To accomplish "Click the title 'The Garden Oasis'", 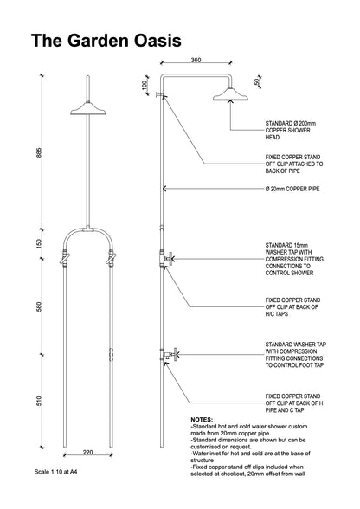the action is pyautogui.click(x=106, y=41).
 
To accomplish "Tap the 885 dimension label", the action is pyautogui.click(x=39, y=152).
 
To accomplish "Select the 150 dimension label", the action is pyautogui.click(x=39, y=244).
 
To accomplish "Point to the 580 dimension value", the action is pyautogui.click(x=39, y=306).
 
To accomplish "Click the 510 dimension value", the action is pyautogui.click(x=39, y=402).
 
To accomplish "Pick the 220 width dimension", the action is pyautogui.click(x=88, y=452).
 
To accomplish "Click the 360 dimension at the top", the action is pyautogui.click(x=196, y=60).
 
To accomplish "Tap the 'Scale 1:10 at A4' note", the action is pyautogui.click(x=56, y=472).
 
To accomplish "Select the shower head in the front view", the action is pyautogui.click(x=88, y=108).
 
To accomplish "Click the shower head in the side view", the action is pyautogui.click(x=230, y=94).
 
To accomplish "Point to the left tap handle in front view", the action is pyautogui.click(x=65, y=258).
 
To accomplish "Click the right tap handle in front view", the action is pyautogui.click(x=112, y=258).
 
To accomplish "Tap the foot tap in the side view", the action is pyautogui.click(x=170, y=354).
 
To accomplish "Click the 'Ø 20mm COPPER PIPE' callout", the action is pyautogui.click(x=292, y=189).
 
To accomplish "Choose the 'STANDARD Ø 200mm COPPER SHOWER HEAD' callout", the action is pyautogui.click(x=291, y=130).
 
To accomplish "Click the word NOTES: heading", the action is pyautogui.click(x=202, y=419).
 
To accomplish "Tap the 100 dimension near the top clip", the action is pyautogui.click(x=145, y=85).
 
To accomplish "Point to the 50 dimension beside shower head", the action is pyautogui.click(x=257, y=81).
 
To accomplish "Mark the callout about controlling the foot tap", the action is pyautogui.click(x=296, y=355).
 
